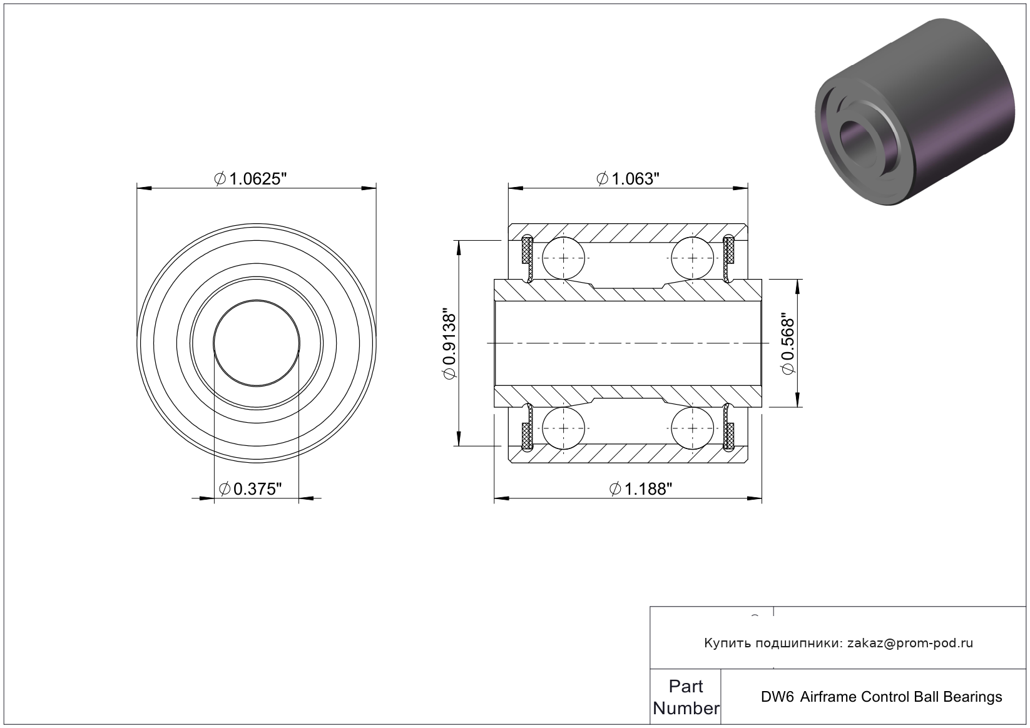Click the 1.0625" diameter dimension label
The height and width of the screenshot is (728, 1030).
coord(250,179)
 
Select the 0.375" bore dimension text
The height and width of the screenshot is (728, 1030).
coord(250,489)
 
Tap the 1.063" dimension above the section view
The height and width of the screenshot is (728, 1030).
coord(628,179)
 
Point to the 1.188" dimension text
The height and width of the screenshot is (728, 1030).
coord(641,489)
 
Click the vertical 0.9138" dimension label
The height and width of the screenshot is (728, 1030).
coord(449,344)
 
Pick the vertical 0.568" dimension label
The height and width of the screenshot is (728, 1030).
coord(788,343)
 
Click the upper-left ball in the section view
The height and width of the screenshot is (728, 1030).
coord(564,258)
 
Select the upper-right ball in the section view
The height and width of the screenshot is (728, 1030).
coord(693,258)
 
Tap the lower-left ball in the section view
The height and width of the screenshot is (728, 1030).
coord(564,428)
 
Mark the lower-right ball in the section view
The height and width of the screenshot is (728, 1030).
coord(693,428)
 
